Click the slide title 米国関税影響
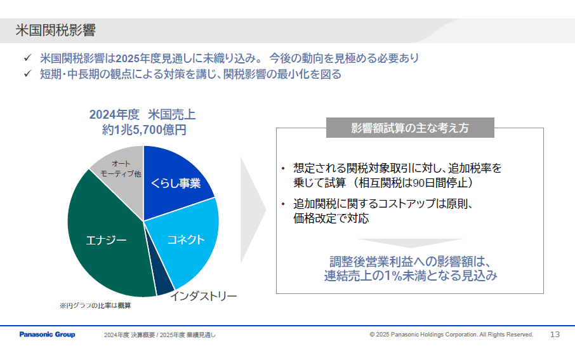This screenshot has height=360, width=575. [56, 30]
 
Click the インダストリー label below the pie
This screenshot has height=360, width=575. [203, 296]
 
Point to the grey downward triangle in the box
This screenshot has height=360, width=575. [409, 244]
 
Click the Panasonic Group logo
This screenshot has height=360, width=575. [47, 335]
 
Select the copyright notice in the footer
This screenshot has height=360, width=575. [451, 335]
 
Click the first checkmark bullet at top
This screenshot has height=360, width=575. [27, 58]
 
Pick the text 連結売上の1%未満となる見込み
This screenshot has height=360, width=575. [410, 276]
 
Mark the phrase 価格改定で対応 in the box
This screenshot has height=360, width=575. [331, 218]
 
